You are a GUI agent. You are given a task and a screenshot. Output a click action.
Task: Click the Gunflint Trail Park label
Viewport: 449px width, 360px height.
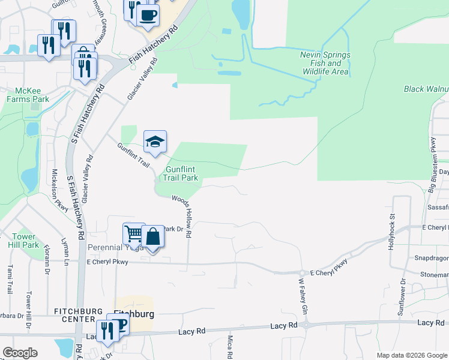coord(181,174)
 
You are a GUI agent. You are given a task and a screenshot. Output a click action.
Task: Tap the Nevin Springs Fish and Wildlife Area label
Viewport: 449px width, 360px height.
coord(324,63)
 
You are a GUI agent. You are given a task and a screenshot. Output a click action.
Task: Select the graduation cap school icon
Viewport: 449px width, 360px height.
coord(155,142)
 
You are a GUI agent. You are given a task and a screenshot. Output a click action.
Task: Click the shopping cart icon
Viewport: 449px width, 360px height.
coord(134,233)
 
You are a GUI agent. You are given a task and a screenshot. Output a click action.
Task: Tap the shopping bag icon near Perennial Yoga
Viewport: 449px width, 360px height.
coord(153,237)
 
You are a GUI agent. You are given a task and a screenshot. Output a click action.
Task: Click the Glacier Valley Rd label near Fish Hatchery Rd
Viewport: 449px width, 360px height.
coord(143,79)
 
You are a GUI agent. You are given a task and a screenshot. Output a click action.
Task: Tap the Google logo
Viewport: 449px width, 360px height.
coord(20,353)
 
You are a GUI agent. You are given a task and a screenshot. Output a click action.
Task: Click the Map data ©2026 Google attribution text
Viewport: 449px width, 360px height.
coord(411,355)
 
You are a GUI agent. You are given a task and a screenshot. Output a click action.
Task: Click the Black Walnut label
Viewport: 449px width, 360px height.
coord(426,89)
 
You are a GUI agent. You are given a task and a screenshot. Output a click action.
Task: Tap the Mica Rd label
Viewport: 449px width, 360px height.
coord(229,347)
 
